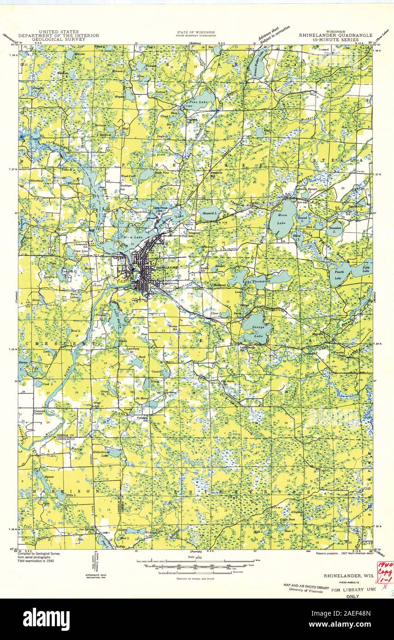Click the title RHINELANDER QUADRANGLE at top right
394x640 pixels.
(x=329, y=35)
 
